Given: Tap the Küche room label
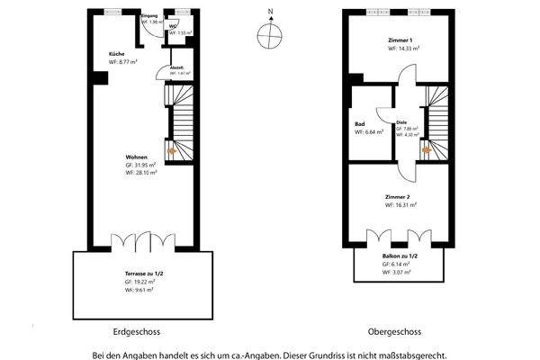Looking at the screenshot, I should coord(116,55).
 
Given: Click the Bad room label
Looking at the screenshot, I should coord(359,124).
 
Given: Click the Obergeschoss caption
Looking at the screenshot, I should coord(395,329).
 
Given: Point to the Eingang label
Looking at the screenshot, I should coord(150,17).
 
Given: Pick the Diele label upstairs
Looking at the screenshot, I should coord(402,122).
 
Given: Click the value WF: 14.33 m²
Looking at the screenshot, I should coord(405,49).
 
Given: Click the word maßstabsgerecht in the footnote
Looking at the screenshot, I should coord(411,354).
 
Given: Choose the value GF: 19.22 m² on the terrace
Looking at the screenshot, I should coord(140,282).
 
